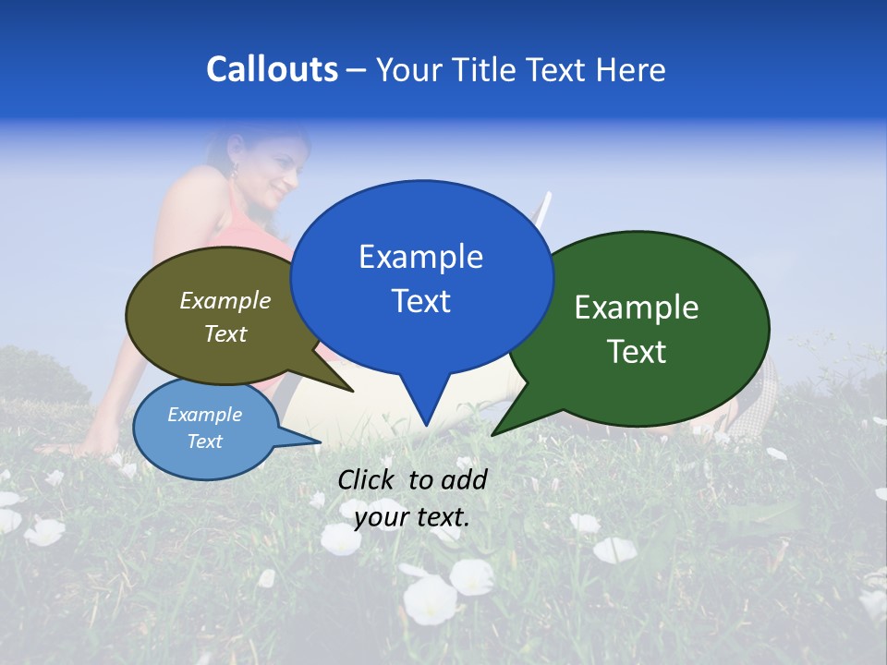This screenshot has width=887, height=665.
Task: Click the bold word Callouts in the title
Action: click(x=272, y=69)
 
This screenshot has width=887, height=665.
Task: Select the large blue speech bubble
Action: click(x=421, y=277)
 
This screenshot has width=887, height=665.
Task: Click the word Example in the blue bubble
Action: click(x=420, y=257)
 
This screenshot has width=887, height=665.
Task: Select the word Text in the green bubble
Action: click(x=637, y=352)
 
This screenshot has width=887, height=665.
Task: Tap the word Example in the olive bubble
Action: click(x=225, y=300)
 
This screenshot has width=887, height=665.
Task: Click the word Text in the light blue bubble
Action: click(x=205, y=441)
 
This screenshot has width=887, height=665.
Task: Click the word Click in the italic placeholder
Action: click(x=368, y=479)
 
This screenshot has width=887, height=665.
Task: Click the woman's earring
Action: click(x=234, y=171)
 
